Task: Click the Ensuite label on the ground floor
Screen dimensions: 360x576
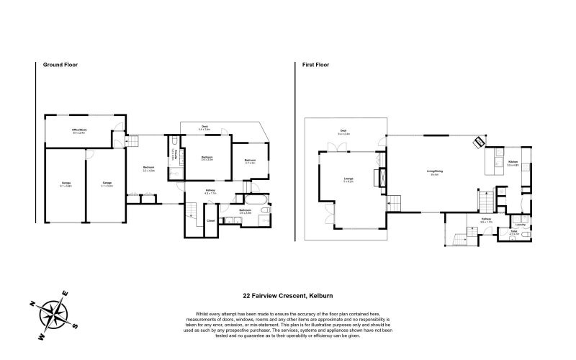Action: pos(174,157)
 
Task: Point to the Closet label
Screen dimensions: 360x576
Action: pos(210,220)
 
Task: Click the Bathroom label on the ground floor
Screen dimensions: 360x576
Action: pos(245,211)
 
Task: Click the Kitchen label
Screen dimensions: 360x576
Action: pos(513,163)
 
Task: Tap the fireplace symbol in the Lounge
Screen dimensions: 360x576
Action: pos(382,177)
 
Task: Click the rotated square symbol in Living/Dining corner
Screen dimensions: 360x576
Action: pos(477,142)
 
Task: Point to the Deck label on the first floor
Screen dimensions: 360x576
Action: pos(343,132)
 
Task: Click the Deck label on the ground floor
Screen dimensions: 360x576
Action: pos(204,127)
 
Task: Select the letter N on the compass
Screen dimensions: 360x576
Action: pos(34,302)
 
